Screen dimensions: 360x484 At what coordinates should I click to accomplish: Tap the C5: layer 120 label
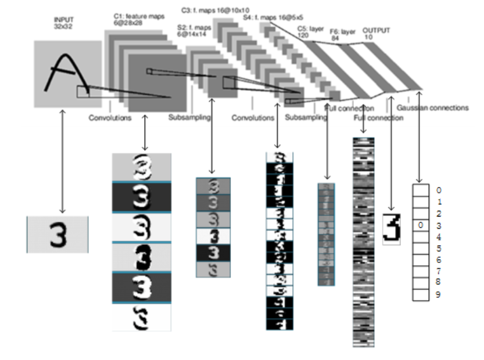(x=309, y=31)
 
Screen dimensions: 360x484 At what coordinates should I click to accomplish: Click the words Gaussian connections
(x=432, y=107)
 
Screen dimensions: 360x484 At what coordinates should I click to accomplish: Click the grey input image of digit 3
(x=58, y=234)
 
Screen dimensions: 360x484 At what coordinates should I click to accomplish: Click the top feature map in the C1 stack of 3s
(x=141, y=167)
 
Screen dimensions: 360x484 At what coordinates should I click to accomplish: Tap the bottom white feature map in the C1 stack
(x=141, y=318)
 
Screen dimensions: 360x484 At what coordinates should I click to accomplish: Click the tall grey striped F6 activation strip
(x=363, y=241)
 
